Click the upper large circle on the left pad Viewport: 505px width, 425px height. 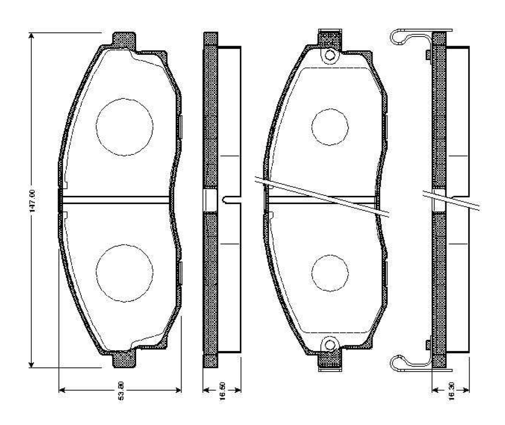(x=124, y=127)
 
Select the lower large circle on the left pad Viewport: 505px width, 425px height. (x=124, y=271)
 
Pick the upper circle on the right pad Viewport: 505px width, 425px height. (x=330, y=127)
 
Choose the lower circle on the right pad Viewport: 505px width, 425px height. (x=330, y=272)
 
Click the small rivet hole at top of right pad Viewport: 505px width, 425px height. (x=330, y=54)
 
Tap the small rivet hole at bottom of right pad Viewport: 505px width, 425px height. (x=330, y=344)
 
